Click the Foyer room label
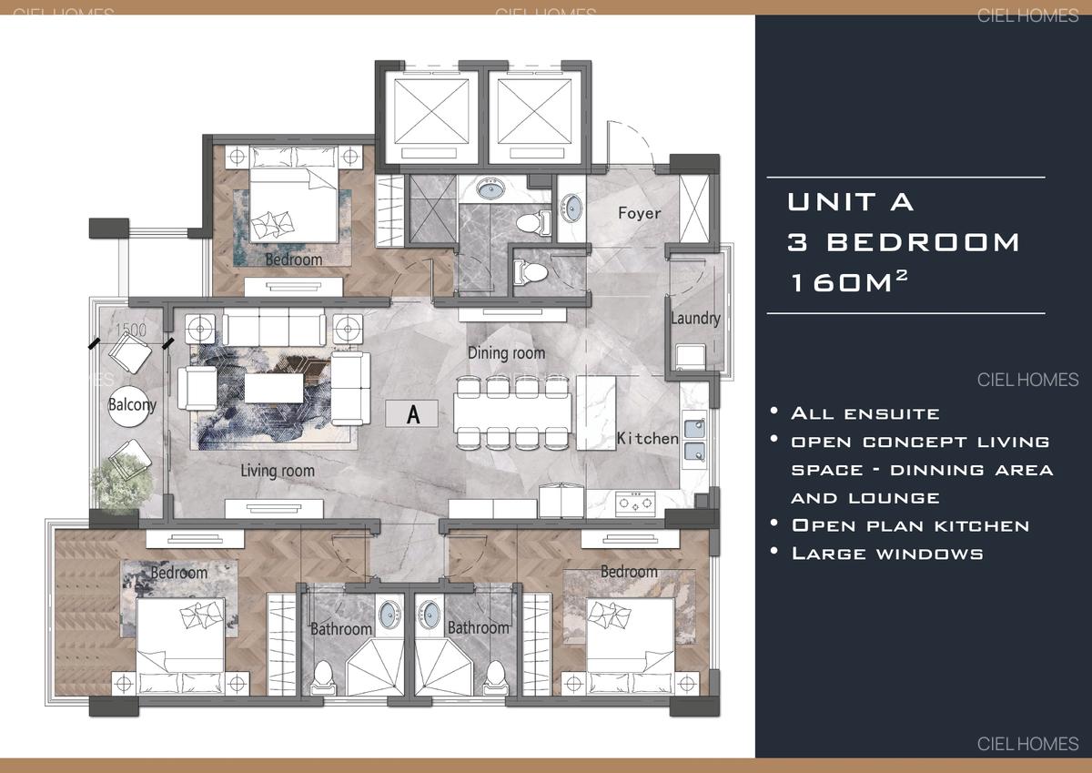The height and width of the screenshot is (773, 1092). pos(639,213)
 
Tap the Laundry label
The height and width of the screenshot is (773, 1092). pos(695,318)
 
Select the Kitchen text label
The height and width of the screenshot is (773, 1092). pos(647,438)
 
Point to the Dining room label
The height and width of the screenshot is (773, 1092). pos(506,352)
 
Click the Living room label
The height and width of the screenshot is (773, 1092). pos(278,471)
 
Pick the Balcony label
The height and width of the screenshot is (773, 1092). pos(132,404)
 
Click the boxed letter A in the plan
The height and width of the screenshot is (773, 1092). pos(413,414)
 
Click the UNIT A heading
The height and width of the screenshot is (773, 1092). pos(850,201)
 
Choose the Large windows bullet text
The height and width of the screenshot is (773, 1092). pos(887,553)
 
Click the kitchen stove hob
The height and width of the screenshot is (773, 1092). pos(635,500)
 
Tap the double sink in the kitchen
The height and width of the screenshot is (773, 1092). pos(694,438)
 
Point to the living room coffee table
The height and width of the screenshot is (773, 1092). pos(272,390)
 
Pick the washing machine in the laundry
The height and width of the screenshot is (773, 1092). pos(688,355)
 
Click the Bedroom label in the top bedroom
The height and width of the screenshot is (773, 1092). pos(293,259)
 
